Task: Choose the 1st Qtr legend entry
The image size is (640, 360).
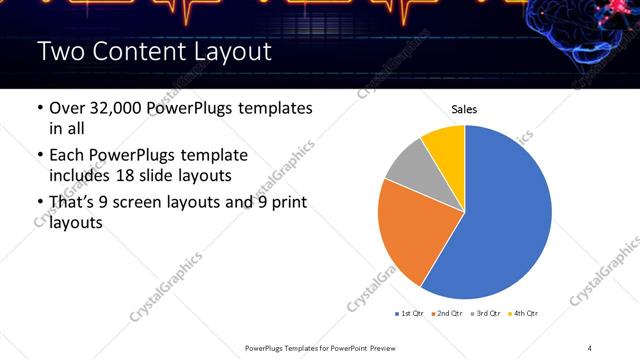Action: [411, 314]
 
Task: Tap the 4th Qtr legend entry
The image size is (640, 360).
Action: [525, 314]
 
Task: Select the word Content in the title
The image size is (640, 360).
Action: [132, 52]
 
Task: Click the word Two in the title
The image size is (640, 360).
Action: [58, 52]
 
